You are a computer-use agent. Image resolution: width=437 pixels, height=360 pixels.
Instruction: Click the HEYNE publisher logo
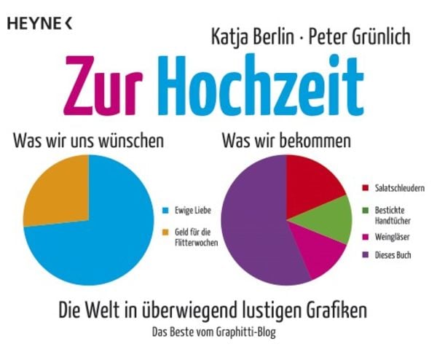pos(39,23)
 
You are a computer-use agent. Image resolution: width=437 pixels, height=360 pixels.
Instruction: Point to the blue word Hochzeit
pos(259,85)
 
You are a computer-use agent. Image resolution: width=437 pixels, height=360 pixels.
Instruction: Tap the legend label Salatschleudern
pos(399,188)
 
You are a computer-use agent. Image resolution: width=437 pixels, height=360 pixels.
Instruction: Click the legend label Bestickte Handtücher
pos(394,216)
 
